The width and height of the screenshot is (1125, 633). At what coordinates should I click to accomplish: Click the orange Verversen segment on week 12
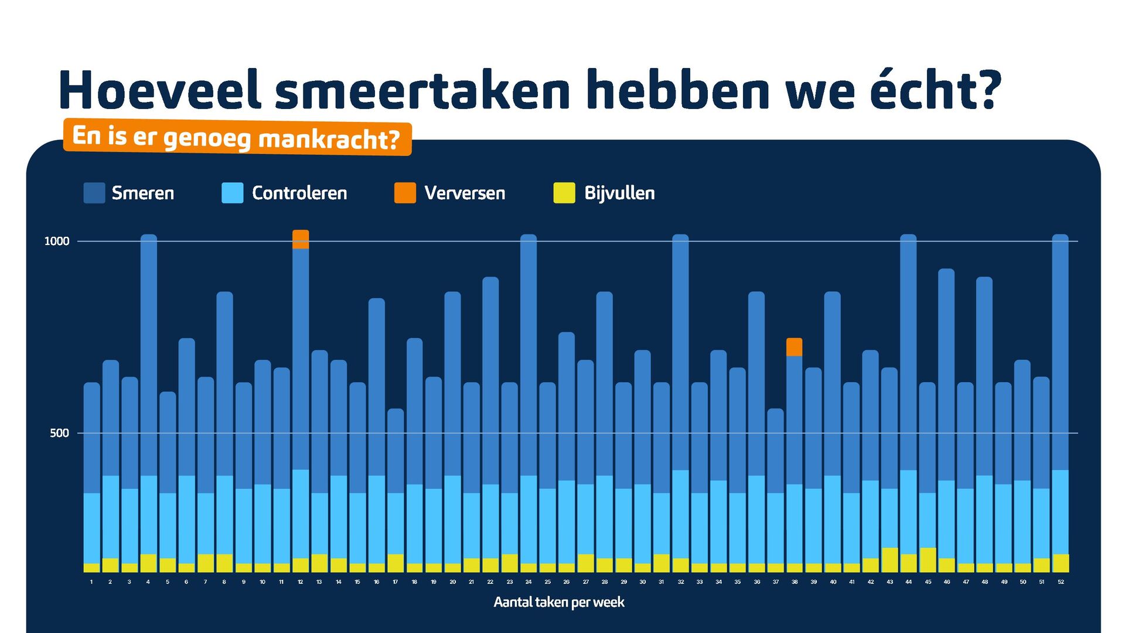pos(301,239)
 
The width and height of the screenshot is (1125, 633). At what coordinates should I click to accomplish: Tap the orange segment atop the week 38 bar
pos(794,347)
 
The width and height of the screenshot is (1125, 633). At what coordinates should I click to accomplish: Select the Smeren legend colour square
pos(94,193)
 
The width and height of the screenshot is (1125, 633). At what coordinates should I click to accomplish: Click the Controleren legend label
pos(299,193)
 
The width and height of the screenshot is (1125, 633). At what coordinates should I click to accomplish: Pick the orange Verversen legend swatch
pos(405,193)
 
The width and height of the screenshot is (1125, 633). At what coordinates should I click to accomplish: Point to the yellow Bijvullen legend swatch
pos(564,193)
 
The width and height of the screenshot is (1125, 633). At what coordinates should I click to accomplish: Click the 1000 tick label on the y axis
pos(57,241)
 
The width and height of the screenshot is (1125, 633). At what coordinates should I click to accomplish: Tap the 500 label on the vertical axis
pos(59,433)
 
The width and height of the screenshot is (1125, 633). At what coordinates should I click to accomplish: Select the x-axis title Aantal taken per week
pos(559,602)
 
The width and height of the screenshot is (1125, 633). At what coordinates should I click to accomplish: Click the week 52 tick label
pos(1061,582)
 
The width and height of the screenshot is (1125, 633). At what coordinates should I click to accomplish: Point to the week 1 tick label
pos(91,582)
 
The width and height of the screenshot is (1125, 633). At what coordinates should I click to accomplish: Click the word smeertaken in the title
pos(422,91)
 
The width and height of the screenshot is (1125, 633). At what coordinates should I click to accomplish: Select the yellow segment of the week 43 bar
pos(889,560)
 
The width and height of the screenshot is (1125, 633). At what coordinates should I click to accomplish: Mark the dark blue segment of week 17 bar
pos(396,451)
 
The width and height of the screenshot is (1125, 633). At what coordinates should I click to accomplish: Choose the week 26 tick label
pos(566,582)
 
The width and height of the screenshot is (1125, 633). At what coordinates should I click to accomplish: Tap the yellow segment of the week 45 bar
pos(928,560)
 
